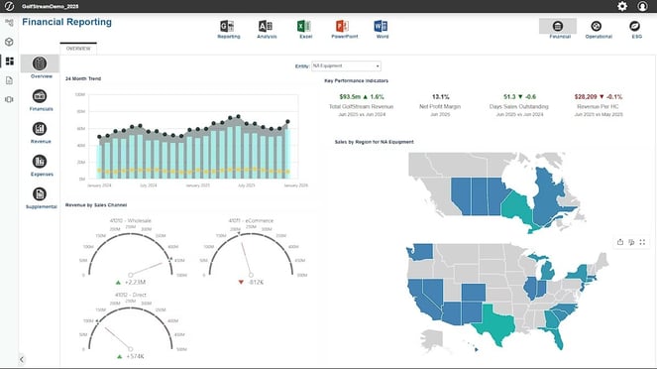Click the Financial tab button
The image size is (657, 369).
click(x=558, y=26)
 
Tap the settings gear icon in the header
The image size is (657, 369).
click(x=622, y=6)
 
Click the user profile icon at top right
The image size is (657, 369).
click(x=642, y=6)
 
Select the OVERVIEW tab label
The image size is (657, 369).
click(x=78, y=48)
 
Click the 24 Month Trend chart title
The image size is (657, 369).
click(x=83, y=77)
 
